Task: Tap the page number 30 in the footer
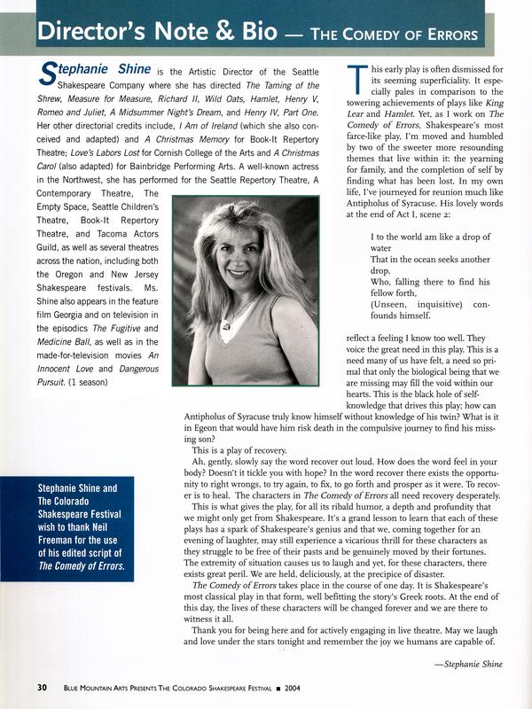click(43, 688)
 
